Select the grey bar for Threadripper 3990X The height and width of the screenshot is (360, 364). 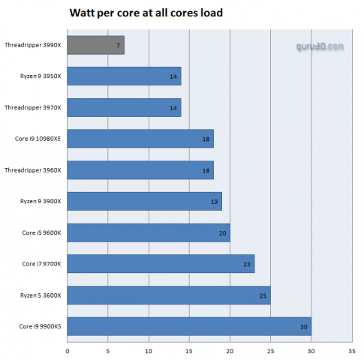point(95,45)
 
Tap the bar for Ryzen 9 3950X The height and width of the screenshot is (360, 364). point(124,76)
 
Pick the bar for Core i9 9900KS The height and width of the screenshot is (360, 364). point(189,326)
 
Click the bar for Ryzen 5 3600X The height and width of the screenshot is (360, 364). point(169,295)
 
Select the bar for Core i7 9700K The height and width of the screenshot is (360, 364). point(161,264)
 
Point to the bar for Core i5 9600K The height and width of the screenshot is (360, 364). point(149,232)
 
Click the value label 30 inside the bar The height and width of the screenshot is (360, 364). point(303,326)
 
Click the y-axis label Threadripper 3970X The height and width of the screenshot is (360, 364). point(33,107)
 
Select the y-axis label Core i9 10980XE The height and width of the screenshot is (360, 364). point(38,139)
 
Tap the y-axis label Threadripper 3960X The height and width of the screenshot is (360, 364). point(33,170)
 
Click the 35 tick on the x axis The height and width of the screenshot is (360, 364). point(351,349)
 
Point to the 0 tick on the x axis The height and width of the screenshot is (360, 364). point(68,349)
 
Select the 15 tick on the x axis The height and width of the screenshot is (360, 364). point(189,349)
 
